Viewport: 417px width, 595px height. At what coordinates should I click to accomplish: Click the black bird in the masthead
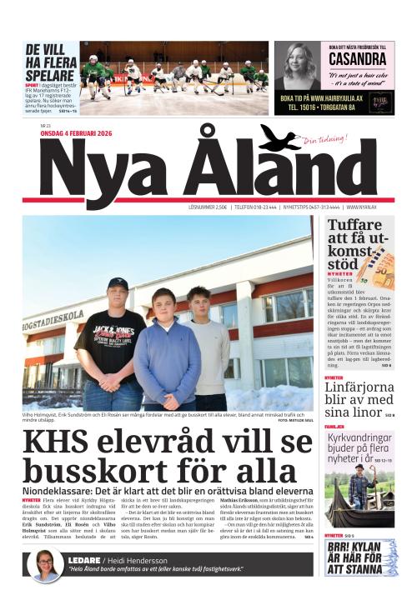coord(280,137)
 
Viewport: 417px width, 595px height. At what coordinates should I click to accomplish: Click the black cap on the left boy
coord(118,284)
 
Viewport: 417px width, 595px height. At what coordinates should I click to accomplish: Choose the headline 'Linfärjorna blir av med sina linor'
coord(358,397)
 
